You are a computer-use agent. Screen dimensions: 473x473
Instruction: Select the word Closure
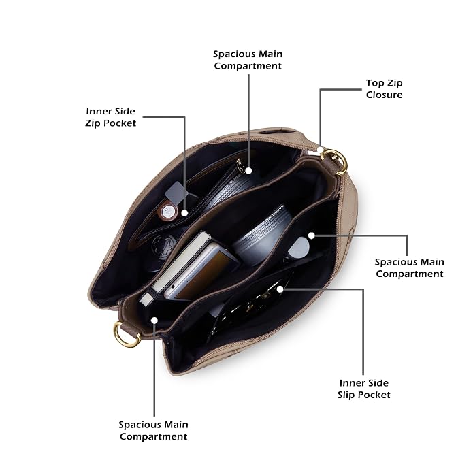[x=384, y=95]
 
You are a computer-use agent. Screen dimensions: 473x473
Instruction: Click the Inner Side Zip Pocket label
[x=110, y=117]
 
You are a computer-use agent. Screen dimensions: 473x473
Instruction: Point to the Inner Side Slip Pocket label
[x=364, y=389]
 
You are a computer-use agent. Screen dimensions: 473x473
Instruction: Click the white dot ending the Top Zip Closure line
[x=320, y=150]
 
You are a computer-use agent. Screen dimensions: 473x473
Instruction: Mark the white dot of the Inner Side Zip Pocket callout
[x=184, y=213]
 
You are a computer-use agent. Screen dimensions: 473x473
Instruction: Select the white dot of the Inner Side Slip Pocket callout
[x=280, y=289]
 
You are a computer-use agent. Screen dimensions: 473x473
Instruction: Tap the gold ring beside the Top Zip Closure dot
[x=336, y=162]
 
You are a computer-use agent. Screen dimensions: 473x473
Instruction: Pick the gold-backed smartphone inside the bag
[x=201, y=272]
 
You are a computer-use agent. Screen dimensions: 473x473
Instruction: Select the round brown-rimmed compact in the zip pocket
[x=167, y=212]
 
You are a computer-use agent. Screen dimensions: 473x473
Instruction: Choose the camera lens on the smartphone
[x=174, y=287]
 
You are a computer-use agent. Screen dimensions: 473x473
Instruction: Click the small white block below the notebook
[x=146, y=299]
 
